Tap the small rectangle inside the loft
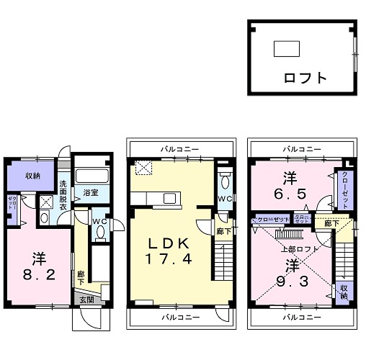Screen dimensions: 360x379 click(x=286, y=49)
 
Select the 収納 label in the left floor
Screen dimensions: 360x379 click(x=32, y=175)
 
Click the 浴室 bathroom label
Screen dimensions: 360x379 click(x=90, y=193)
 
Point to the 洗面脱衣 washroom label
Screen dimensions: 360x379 click(x=63, y=195)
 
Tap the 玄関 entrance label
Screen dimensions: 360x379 click(x=86, y=300)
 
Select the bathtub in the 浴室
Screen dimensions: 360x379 click(x=91, y=175)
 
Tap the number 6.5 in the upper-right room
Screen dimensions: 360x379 click(x=289, y=193)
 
